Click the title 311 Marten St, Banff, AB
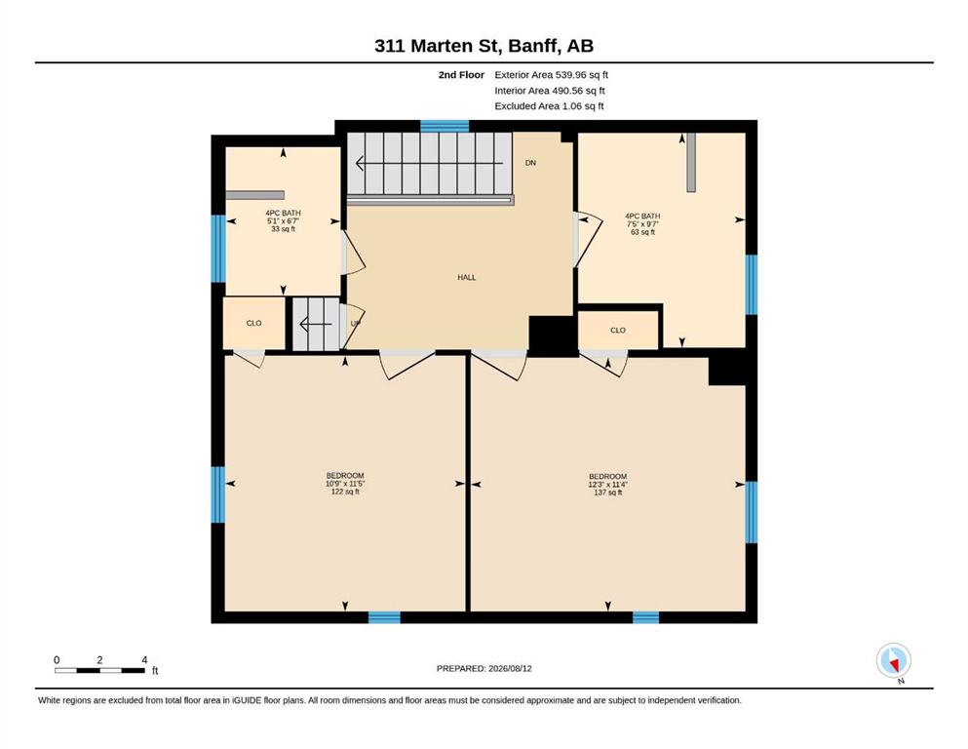click(484, 46)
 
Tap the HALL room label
click(467, 278)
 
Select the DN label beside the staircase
click(530, 163)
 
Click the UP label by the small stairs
click(356, 324)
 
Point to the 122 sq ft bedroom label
click(345, 484)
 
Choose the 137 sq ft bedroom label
click(607, 485)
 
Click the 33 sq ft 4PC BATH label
click(284, 221)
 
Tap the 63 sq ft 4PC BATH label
click(642, 224)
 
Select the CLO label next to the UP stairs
click(253, 324)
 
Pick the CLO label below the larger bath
click(618, 331)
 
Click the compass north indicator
click(894, 661)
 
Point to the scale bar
click(100, 670)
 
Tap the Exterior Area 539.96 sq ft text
click(552, 75)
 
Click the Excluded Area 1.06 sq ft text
click(549, 106)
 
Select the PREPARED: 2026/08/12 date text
click(484, 669)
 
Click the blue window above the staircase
click(445, 127)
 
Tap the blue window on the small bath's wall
click(218, 249)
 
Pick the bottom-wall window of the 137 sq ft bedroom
click(645, 617)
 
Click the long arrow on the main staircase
click(430, 164)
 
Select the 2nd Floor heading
click(461, 75)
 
